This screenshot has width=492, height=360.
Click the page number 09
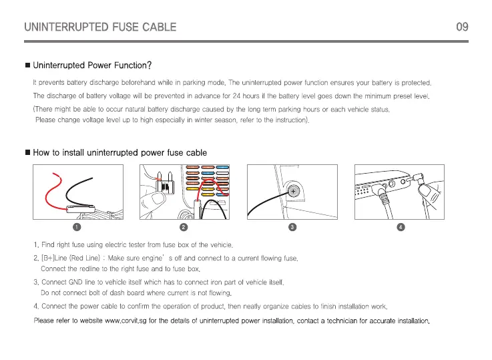pyautogui.click(x=461, y=27)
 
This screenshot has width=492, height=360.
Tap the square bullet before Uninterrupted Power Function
pyautogui.click(x=27, y=65)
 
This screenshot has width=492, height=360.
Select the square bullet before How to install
pyautogui.click(x=27, y=153)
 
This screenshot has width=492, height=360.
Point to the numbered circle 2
pyautogui.click(x=184, y=227)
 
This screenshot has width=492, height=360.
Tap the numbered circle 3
pyautogui.click(x=292, y=227)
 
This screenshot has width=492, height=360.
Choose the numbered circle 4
pyautogui.click(x=400, y=227)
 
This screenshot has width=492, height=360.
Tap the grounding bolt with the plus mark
pyautogui.click(x=292, y=192)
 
